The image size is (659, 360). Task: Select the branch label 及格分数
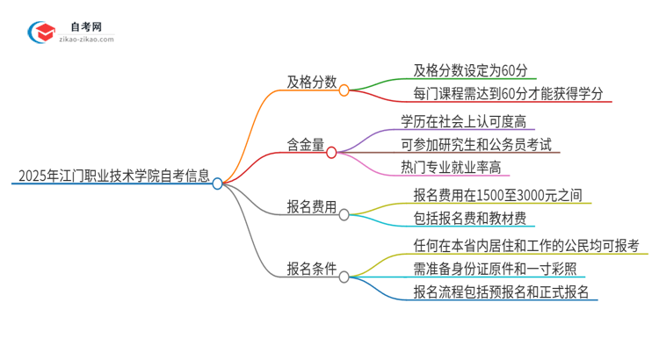click(311, 82)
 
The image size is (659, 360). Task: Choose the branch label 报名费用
click(311, 207)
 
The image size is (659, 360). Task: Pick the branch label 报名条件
click(311, 269)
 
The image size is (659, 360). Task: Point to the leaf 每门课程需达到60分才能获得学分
click(507, 92)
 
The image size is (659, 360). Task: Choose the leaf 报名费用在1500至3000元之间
click(497, 195)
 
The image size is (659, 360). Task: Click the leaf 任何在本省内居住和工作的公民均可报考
click(525, 246)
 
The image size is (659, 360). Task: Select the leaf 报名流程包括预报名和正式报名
click(500, 291)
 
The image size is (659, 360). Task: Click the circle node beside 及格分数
click(344, 90)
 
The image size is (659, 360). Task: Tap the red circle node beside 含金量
click(331, 152)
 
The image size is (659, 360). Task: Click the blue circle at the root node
click(218, 183)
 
